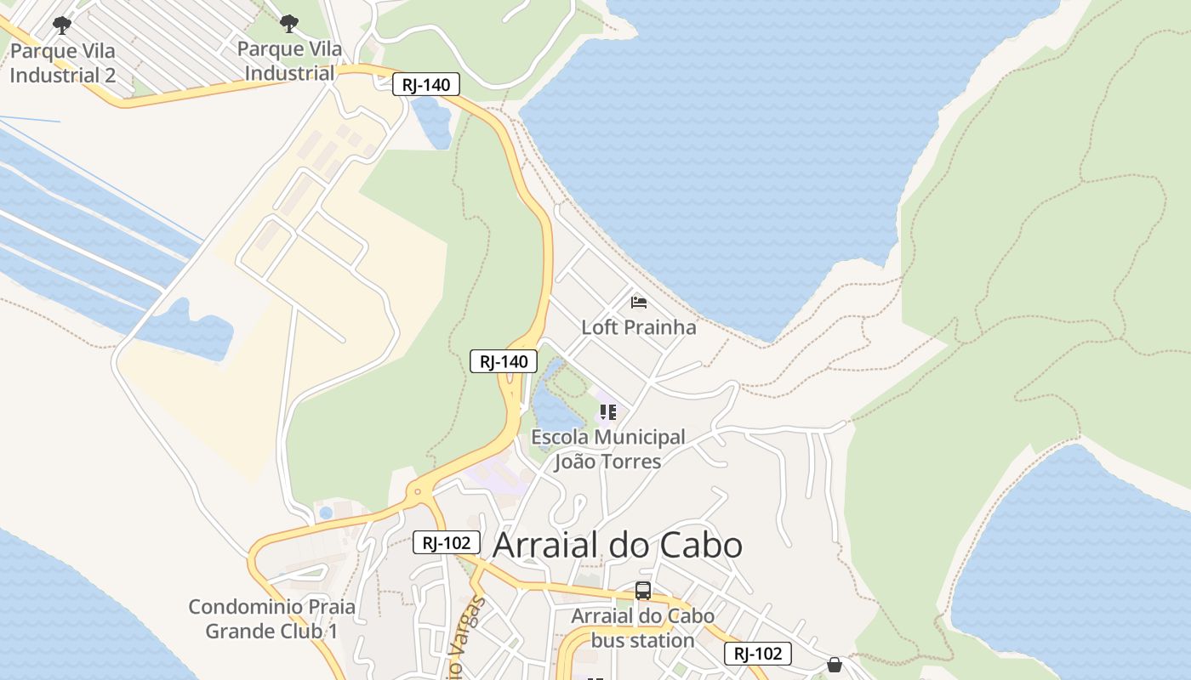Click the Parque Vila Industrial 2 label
pyautogui.click(x=63, y=63)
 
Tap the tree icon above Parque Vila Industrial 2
pyautogui.click(x=62, y=25)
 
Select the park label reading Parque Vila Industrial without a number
pyautogui.click(x=289, y=61)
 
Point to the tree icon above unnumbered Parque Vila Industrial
pyautogui.click(x=289, y=23)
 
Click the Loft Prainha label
pyautogui.click(x=638, y=327)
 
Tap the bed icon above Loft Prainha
pyautogui.click(x=639, y=302)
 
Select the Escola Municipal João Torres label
pyautogui.click(x=607, y=449)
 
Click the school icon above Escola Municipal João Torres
pyautogui.click(x=607, y=412)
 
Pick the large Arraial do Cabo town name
pyautogui.click(x=618, y=545)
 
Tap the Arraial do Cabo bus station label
pyautogui.click(x=642, y=627)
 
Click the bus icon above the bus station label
pyautogui.click(x=643, y=591)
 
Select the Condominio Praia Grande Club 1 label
pyautogui.click(x=272, y=619)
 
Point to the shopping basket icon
pyautogui.click(x=835, y=664)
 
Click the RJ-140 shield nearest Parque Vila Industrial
pyautogui.click(x=426, y=84)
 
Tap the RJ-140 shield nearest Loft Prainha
pyautogui.click(x=504, y=361)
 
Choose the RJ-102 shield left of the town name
pyautogui.click(x=447, y=542)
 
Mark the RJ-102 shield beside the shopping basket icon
pyautogui.click(x=758, y=654)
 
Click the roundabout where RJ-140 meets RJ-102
pyautogui.click(x=418, y=491)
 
